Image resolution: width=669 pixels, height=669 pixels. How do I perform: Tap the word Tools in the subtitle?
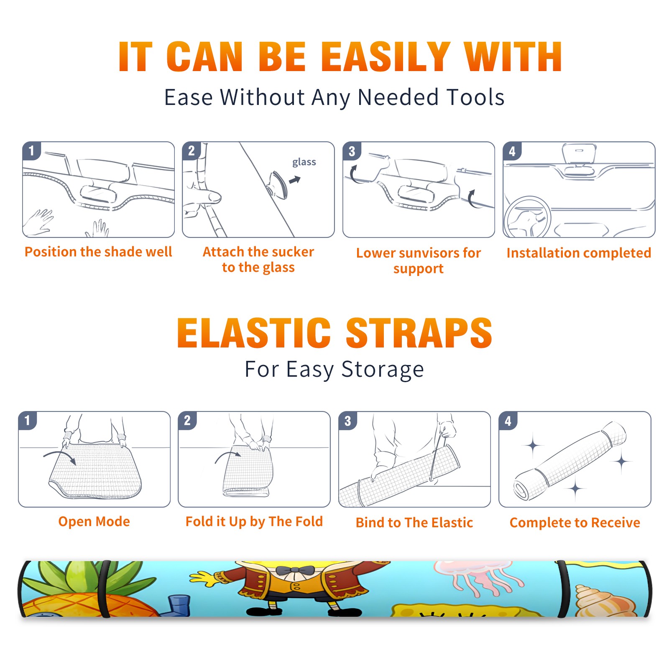pyautogui.click(x=475, y=97)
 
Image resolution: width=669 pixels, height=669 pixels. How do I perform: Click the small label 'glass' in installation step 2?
pyautogui.click(x=304, y=162)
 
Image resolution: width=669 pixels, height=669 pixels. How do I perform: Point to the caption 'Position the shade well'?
pyautogui.click(x=98, y=252)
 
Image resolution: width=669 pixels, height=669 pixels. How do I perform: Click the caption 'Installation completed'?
pyautogui.click(x=579, y=253)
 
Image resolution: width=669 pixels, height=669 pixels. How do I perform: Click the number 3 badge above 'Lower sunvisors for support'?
pyautogui.click(x=352, y=151)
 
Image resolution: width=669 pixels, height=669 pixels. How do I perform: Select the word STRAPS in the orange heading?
pyautogui.click(x=419, y=333)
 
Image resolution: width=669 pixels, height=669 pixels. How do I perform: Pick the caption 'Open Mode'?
pyautogui.click(x=94, y=521)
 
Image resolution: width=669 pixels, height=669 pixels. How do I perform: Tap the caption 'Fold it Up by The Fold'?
pyautogui.click(x=254, y=521)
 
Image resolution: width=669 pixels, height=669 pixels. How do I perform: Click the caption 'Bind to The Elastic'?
pyautogui.click(x=414, y=523)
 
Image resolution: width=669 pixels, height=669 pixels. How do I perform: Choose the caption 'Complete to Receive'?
pyautogui.click(x=575, y=523)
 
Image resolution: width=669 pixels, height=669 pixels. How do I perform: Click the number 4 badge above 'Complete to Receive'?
pyautogui.click(x=508, y=421)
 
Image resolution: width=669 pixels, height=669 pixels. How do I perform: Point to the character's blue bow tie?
pyautogui.click(x=295, y=570)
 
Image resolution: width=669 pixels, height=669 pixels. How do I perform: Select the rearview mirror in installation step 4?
pyautogui.click(x=579, y=154)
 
